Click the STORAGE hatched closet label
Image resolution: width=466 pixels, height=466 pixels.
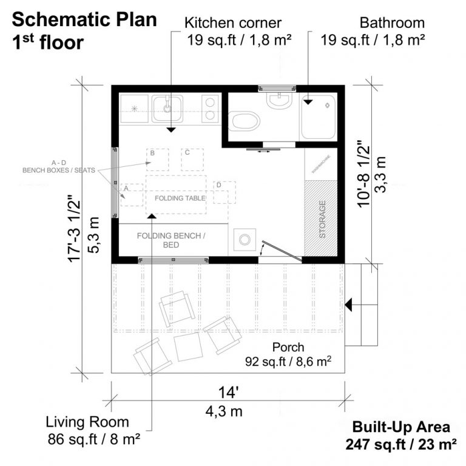[322, 218]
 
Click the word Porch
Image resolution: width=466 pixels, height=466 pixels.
[288, 348]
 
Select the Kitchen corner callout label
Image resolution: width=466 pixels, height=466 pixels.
[233, 23]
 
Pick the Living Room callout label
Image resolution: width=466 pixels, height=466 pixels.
[88, 422]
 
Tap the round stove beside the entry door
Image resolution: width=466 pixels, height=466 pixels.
[245, 240]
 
